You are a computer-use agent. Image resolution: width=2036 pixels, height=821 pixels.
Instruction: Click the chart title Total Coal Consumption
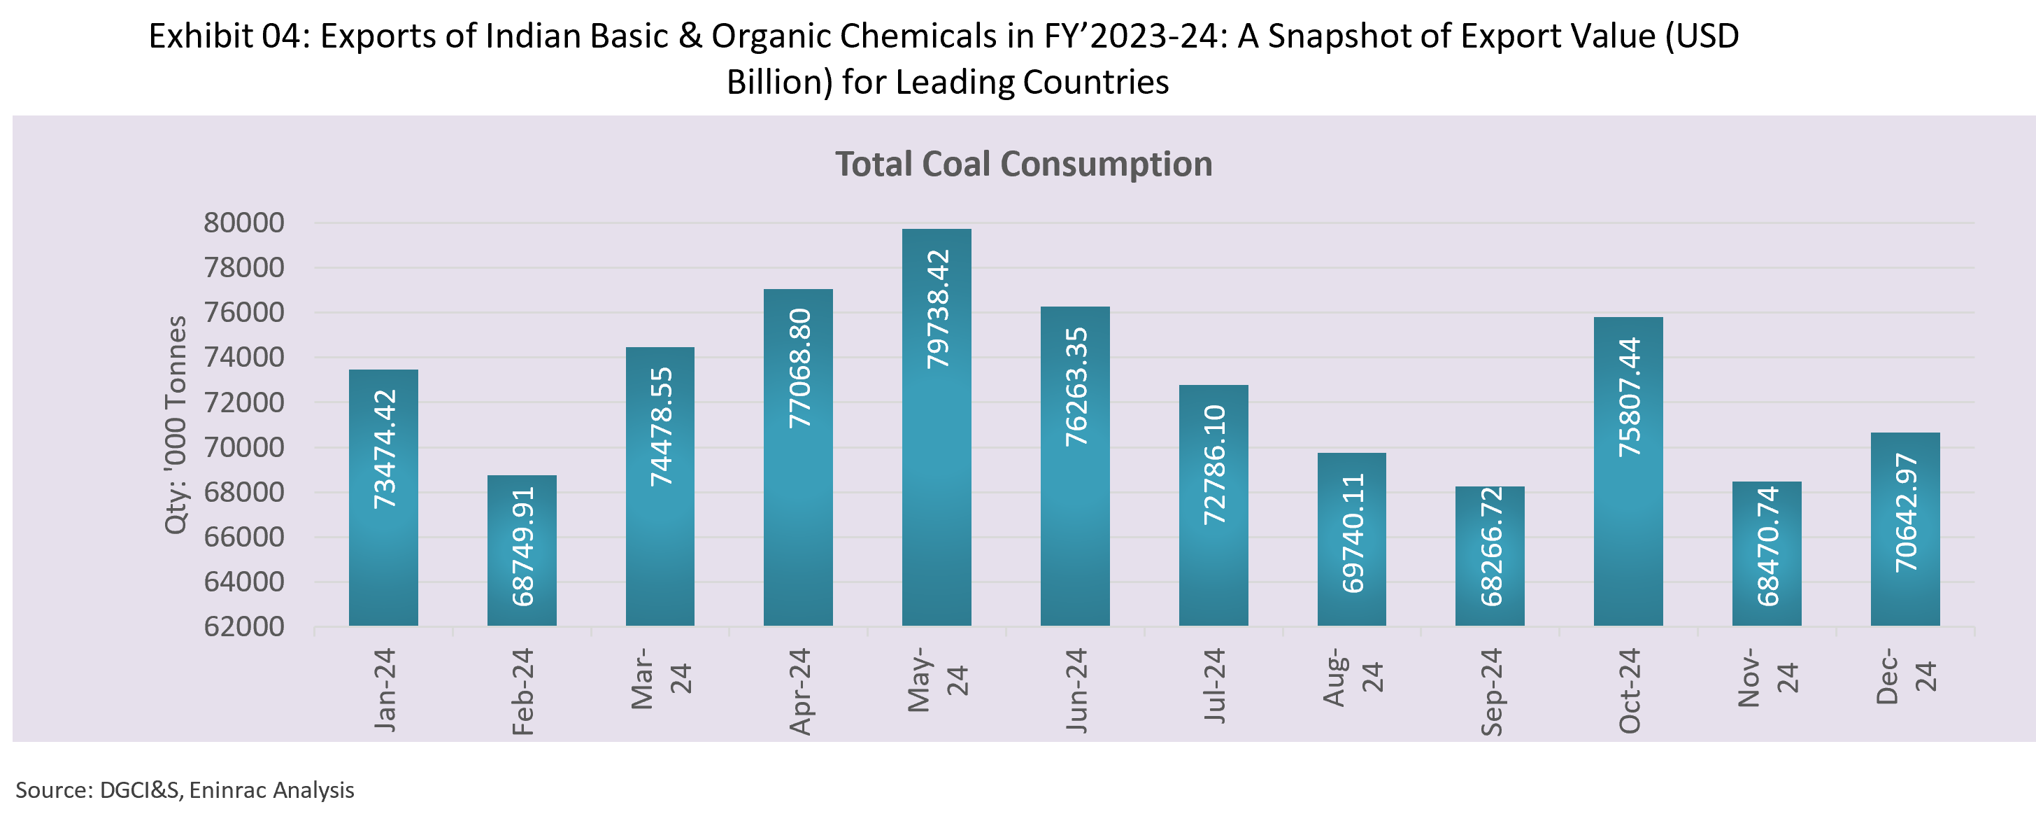pyautogui.click(x=1023, y=164)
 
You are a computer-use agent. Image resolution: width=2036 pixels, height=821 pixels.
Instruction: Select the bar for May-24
pyautogui.click(x=937, y=475)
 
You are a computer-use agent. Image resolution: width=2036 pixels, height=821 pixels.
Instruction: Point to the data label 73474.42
pyautogui.click(x=385, y=449)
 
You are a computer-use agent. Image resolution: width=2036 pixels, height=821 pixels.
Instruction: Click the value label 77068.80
pyautogui.click(x=800, y=369)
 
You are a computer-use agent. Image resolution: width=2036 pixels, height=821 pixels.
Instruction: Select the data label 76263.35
pyautogui.click(x=1076, y=387)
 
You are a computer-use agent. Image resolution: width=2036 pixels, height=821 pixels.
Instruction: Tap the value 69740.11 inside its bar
pyautogui.click(x=1353, y=533)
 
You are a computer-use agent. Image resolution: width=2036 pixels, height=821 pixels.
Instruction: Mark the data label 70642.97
pyautogui.click(x=1907, y=513)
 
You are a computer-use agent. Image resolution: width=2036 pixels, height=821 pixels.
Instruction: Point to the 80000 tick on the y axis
pyautogui.click(x=244, y=223)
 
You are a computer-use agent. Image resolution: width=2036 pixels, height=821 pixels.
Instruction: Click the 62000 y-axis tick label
pyautogui.click(x=244, y=626)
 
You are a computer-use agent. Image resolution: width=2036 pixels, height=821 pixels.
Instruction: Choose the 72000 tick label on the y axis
pyautogui.click(x=244, y=402)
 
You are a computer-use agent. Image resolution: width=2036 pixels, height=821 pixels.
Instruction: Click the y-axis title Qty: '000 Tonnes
pyautogui.click(x=176, y=425)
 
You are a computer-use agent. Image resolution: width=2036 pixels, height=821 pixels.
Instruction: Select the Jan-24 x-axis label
pyautogui.click(x=385, y=689)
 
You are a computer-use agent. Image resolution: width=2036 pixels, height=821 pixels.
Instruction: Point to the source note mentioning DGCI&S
pyautogui.click(x=185, y=790)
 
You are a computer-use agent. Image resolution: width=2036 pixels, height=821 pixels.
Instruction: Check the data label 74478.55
pyautogui.click(x=662, y=427)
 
